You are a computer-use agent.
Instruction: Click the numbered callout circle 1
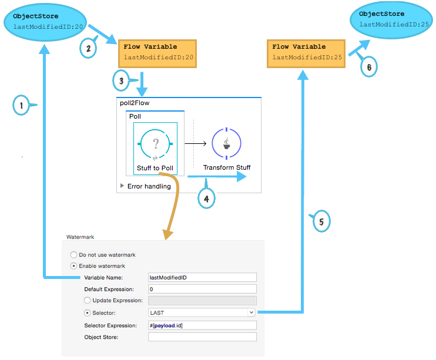click(x=21, y=106)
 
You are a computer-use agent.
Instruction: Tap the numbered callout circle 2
click(x=88, y=48)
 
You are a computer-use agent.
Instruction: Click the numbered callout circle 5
click(x=321, y=221)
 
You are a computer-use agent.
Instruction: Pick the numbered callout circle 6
click(x=368, y=67)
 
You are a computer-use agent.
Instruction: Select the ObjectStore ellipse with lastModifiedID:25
click(x=390, y=20)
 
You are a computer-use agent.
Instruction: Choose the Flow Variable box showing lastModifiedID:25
click(x=307, y=52)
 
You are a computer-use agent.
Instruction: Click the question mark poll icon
click(x=155, y=143)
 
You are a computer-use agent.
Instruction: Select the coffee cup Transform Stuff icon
click(x=226, y=143)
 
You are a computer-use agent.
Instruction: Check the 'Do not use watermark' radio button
click(x=73, y=255)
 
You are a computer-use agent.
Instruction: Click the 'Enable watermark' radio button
click(x=73, y=266)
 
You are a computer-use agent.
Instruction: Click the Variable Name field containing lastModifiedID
click(x=202, y=277)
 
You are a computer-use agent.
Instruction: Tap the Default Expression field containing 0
click(x=202, y=289)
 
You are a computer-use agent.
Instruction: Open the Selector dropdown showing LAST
click(x=202, y=313)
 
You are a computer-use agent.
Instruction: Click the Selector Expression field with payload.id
click(x=202, y=325)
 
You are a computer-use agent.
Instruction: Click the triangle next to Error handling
click(x=122, y=186)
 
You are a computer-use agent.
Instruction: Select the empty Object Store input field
click(x=202, y=337)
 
